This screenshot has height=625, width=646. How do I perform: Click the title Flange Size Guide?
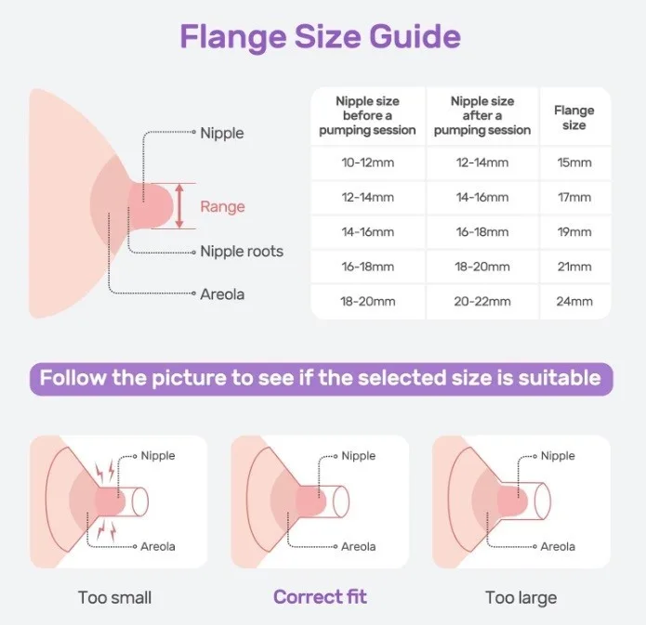click(320, 37)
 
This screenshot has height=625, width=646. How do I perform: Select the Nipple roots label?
click(242, 251)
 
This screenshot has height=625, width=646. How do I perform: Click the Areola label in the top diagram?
click(222, 294)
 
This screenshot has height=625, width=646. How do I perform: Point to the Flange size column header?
click(573, 117)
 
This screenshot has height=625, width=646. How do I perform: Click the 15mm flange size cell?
click(573, 163)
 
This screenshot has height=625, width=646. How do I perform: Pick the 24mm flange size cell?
click(573, 301)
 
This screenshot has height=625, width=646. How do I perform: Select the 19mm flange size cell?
click(573, 232)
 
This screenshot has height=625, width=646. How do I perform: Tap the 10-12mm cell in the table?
click(367, 163)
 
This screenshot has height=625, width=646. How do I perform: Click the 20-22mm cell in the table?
click(481, 301)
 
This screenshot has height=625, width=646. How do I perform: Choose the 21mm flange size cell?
click(573, 267)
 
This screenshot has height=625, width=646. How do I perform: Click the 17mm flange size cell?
click(573, 197)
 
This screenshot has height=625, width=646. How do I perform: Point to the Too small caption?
click(115, 596)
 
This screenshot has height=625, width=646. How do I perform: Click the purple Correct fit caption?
click(321, 596)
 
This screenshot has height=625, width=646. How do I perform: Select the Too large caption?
click(521, 596)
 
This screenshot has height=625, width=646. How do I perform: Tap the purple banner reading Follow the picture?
click(321, 379)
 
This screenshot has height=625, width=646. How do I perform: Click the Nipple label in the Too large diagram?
click(558, 455)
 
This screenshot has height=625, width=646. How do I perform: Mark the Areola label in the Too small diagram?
click(157, 546)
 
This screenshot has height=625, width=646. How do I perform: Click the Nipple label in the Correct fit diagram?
click(359, 455)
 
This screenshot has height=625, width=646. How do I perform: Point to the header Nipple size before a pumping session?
click(367, 116)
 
